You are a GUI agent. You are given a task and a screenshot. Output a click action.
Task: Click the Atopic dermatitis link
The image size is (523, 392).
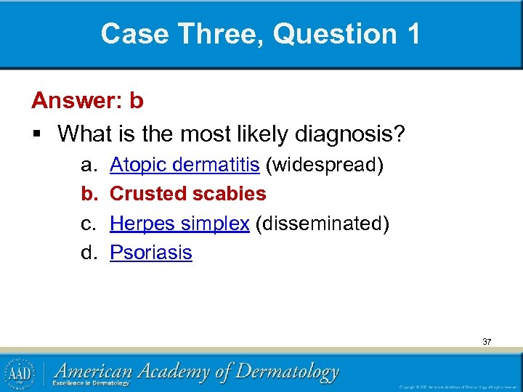pos(185,165)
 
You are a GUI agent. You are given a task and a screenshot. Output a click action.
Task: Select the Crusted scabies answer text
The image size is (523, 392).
pos(187,194)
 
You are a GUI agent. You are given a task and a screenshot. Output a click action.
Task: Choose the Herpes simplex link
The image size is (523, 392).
pos(179,223)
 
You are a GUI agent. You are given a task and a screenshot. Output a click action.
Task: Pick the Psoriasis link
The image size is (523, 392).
pos(150,253)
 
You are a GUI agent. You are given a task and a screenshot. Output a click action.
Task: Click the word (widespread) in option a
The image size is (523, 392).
pos(325,165)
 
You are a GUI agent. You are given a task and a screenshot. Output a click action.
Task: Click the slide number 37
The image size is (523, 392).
pos(486,340)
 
